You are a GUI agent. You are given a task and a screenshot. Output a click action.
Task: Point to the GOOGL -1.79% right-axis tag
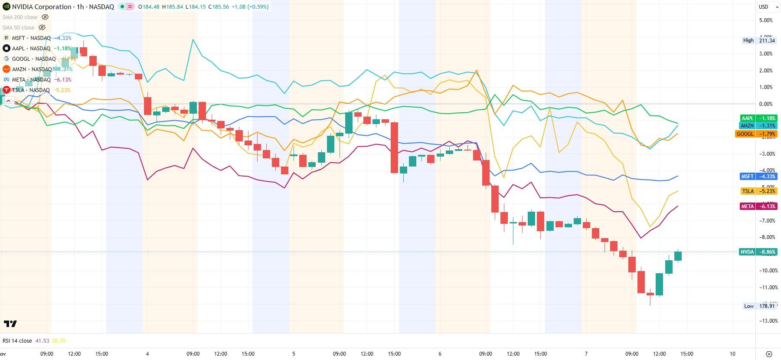[757, 134]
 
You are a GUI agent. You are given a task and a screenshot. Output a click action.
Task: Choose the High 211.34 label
[759, 40]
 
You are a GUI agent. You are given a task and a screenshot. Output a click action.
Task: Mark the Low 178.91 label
[759, 306]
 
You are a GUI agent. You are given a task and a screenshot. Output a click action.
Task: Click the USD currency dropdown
[766, 7]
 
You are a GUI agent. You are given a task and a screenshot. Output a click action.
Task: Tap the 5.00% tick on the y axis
[766, 20]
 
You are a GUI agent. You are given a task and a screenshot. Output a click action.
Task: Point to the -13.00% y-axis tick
[766, 321]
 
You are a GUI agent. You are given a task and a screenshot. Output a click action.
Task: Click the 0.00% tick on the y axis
[766, 104]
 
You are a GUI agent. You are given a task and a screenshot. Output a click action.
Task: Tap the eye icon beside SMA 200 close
[45, 17]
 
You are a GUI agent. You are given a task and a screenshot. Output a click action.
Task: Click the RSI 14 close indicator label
[17, 341]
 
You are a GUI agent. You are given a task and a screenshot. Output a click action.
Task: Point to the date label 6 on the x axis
[440, 354]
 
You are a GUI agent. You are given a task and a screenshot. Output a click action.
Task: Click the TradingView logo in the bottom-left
[10, 324]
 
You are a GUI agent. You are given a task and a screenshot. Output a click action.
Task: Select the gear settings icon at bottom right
[769, 354]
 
